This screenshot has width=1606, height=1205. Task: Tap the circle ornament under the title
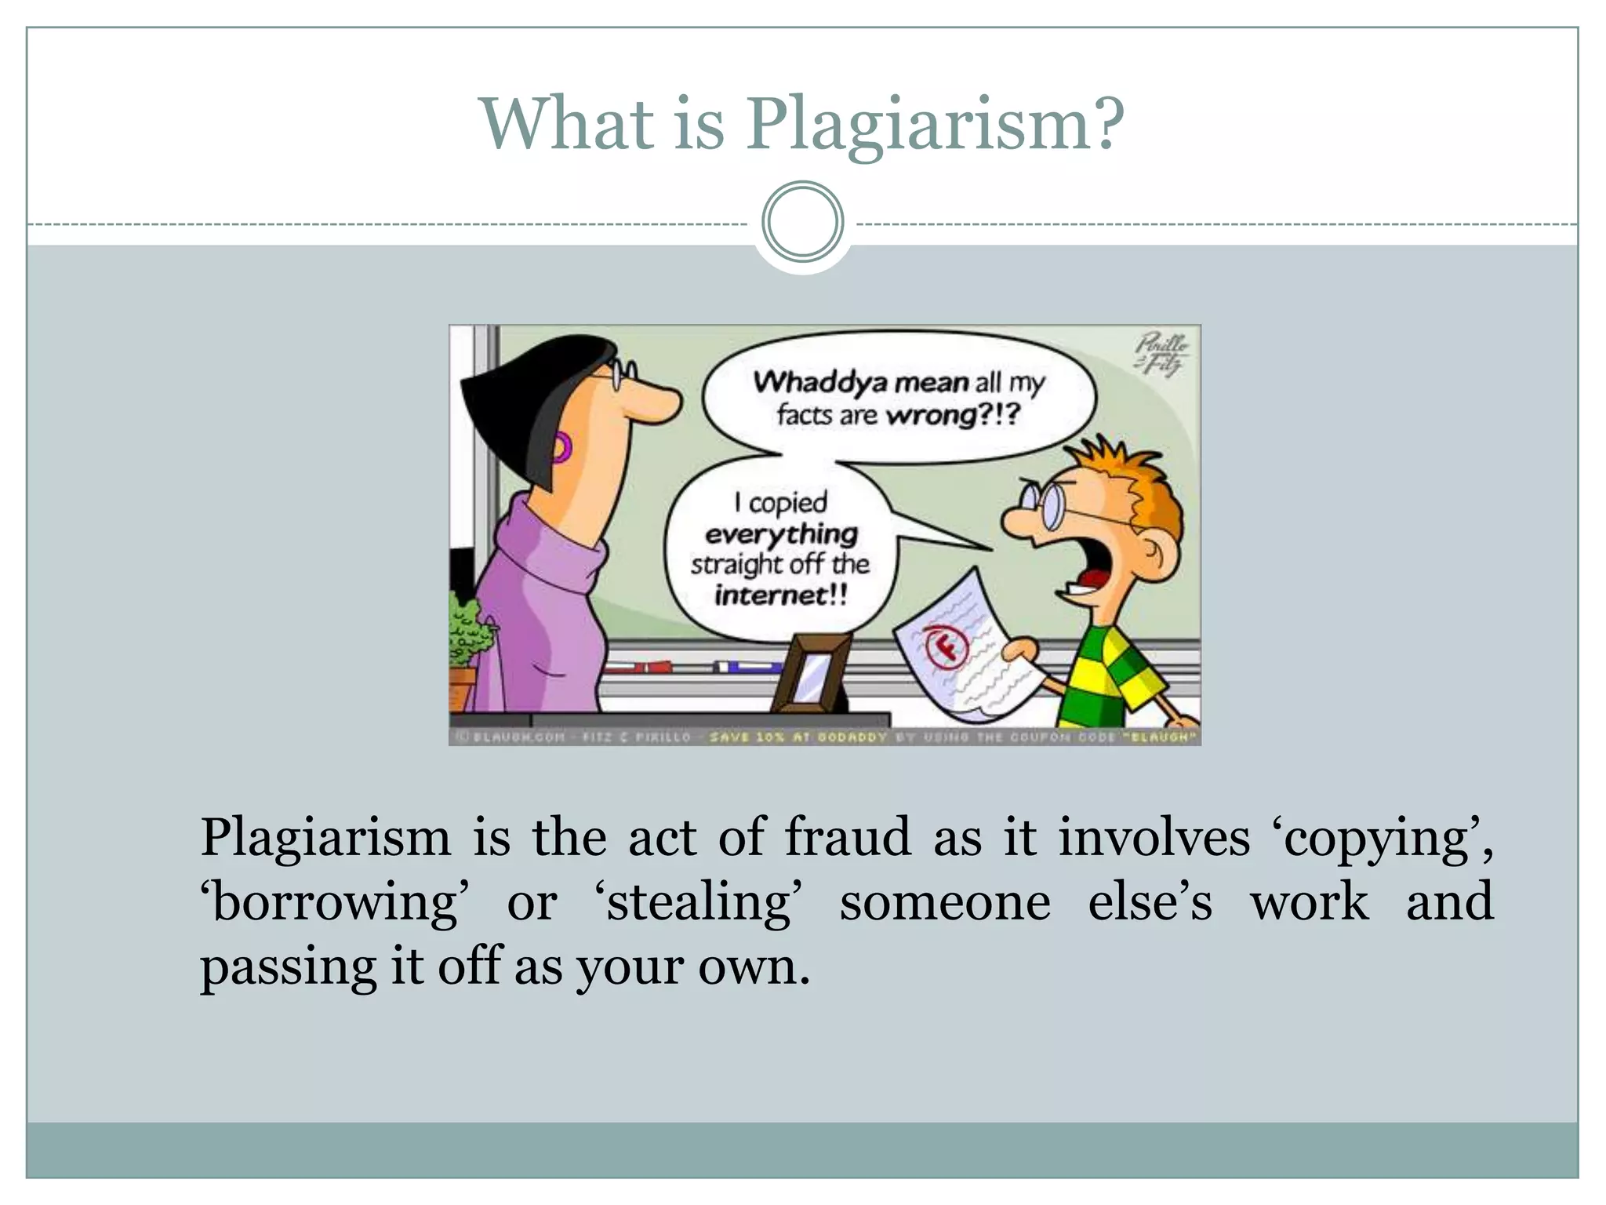[x=802, y=222]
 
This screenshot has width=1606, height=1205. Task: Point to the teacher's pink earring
[x=561, y=448]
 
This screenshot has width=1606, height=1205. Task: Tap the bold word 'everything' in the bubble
[x=781, y=535]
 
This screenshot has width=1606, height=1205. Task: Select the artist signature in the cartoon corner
[x=1161, y=355]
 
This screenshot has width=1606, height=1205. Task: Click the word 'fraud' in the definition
[x=848, y=837]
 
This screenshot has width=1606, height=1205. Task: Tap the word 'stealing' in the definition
[x=699, y=902]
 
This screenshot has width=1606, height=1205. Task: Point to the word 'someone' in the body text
[x=944, y=902]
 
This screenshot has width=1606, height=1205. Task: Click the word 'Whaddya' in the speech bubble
[x=819, y=382]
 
